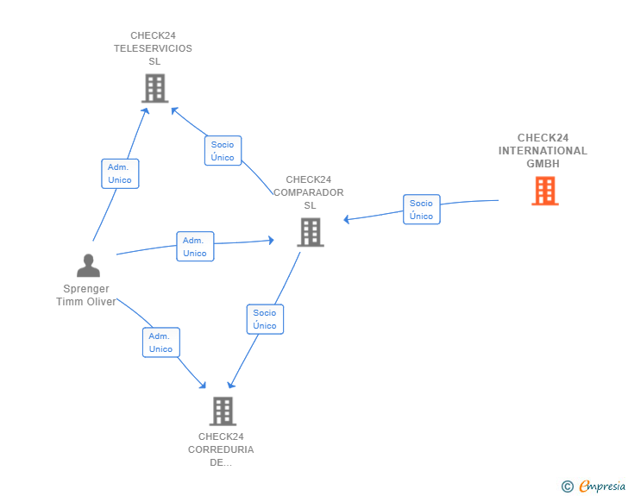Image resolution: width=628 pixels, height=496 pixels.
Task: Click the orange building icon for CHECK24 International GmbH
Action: [x=544, y=191]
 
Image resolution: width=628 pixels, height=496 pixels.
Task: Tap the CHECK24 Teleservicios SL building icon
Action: [x=154, y=88]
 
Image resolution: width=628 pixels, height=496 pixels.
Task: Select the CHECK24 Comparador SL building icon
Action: [x=310, y=232]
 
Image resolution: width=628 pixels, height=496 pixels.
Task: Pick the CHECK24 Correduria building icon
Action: [x=223, y=411]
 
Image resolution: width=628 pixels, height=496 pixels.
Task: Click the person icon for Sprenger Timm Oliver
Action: [x=88, y=265]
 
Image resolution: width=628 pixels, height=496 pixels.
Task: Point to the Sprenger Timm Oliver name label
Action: [x=86, y=295]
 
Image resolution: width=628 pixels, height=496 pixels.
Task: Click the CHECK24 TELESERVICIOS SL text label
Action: [x=154, y=48]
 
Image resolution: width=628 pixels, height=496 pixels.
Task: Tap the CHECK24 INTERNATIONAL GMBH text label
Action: [x=543, y=150]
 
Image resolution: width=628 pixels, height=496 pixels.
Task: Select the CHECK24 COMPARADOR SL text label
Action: [x=309, y=192]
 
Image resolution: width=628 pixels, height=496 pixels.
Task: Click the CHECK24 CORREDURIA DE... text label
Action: [x=221, y=449]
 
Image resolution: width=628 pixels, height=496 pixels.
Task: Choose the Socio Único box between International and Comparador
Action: [x=421, y=210]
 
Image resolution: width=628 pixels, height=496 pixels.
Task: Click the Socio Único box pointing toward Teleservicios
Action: [x=223, y=151]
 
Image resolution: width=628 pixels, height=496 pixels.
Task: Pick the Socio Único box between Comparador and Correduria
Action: [x=265, y=319]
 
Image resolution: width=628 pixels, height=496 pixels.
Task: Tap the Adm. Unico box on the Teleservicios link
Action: [x=120, y=173]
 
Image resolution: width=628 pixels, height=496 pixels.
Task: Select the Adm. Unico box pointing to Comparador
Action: [x=195, y=247]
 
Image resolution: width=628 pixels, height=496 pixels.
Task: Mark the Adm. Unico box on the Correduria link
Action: [x=160, y=342]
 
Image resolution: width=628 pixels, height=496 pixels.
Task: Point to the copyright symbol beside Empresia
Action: [x=567, y=487]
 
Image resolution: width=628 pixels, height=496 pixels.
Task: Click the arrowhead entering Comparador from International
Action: [x=347, y=219]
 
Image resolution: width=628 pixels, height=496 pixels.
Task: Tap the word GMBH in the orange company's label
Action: [x=543, y=163]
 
